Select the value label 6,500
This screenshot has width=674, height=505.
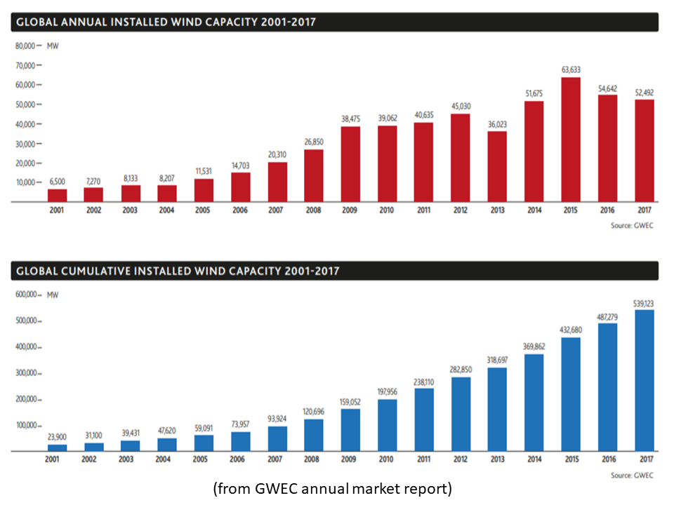[58, 182]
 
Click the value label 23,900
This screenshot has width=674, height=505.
[58, 437]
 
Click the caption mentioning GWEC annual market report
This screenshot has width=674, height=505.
[333, 489]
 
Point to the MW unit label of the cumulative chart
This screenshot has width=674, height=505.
[53, 295]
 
